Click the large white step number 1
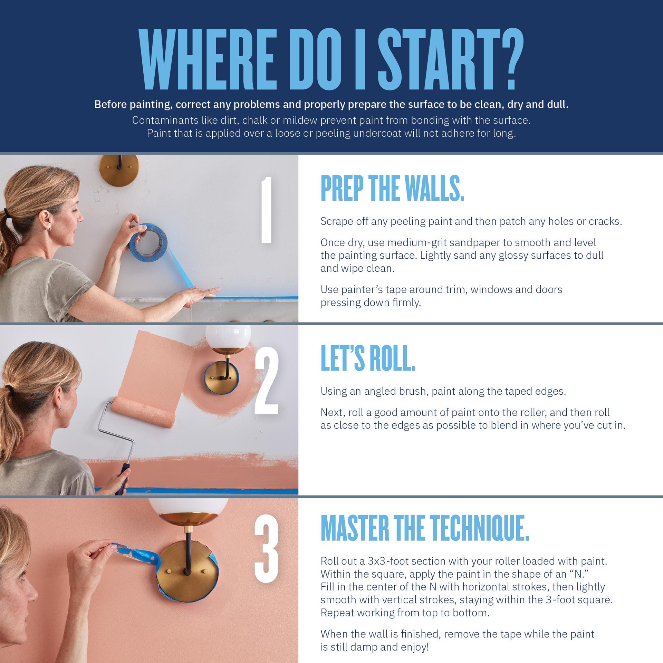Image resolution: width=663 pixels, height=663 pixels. pos(266,210)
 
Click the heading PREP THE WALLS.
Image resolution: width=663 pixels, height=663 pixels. pos(392,188)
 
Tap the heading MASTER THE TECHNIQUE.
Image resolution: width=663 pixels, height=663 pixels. pos(425,528)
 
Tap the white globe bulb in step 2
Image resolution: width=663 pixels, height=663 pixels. pos(228,336)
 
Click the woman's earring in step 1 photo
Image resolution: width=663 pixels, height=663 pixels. pos(50,229)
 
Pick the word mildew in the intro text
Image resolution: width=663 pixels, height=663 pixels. pos(299,120)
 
